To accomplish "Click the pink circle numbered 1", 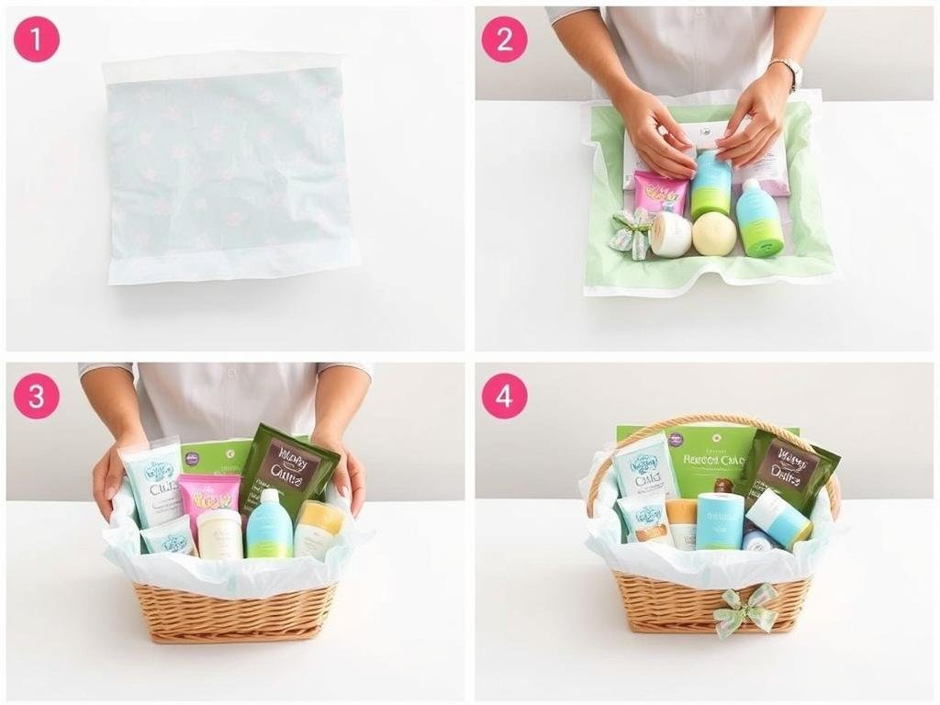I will [x=36, y=39].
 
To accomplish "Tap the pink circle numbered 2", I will [x=504, y=39].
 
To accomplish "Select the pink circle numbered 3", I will [x=36, y=396].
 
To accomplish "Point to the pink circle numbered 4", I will [x=504, y=396].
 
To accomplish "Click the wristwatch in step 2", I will [x=787, y=73].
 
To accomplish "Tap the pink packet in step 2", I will [x=661, y=194].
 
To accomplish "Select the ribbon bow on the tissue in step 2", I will [x=632, y=231].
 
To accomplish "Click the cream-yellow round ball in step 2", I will [x=713, y=233].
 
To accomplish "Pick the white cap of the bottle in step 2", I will [x=749, y=186].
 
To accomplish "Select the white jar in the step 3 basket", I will [x=219, y=534].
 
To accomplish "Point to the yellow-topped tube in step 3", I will [x=319, y=529].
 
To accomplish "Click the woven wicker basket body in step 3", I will [x=235, y=611].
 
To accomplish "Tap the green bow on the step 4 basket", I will [x=746, y=607].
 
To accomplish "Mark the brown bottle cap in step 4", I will [x=724, y=486].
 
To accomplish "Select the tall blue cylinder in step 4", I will [x=719, y=521].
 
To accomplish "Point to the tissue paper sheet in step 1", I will [x=229, y=165].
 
